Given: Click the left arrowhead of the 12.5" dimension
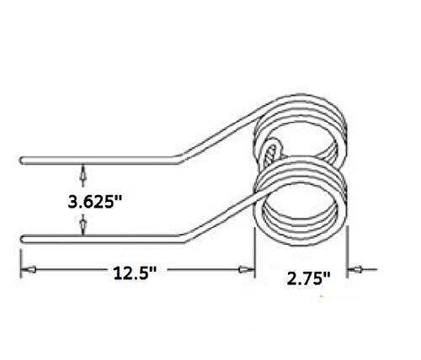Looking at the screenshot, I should click(x=26, y=270).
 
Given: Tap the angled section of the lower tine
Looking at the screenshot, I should click(x=215, y=216).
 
